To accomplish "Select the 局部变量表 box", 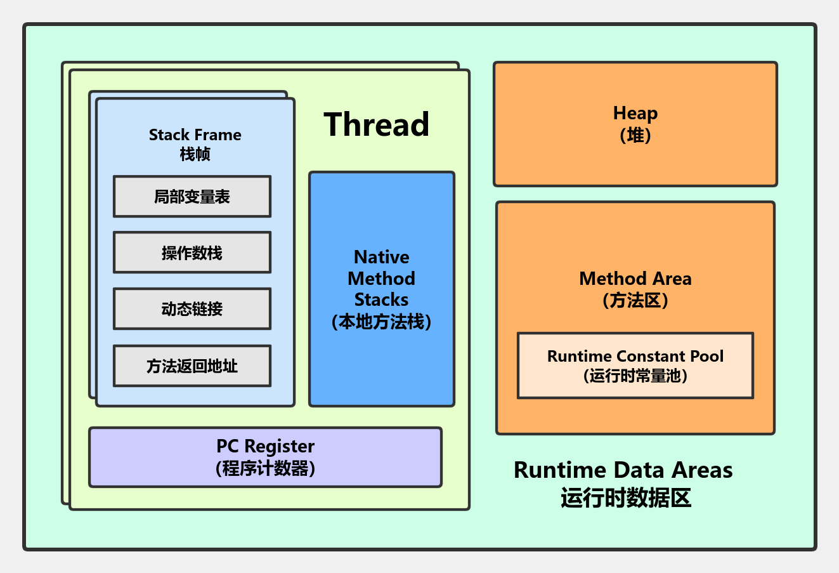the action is pos(192,196).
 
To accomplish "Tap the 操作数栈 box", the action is pos(192,252).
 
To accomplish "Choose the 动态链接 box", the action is pos(192,309).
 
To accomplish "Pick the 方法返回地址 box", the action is pos(192,366).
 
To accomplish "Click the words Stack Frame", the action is pos(195,135).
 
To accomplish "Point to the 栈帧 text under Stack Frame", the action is pos(195,154).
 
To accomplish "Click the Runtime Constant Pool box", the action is pos(635,366).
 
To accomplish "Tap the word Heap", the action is pos(635,114).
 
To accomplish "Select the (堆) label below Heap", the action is pos(635,135).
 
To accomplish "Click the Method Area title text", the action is pos(635,279).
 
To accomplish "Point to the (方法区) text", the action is pos(635,300).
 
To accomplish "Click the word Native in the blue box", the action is pos(382,257).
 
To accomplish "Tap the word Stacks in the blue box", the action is pos(382,300).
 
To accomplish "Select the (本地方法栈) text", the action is pos(382,322).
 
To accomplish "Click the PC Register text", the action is pos(266,446).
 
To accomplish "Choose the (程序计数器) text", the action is pos(266,468).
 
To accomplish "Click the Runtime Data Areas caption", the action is pos(623,470).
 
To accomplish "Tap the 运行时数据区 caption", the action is pos(626,497).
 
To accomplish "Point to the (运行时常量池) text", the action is pos(635,376).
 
